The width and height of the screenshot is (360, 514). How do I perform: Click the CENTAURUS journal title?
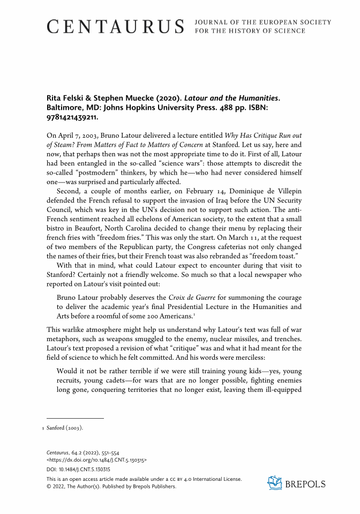[115, 26]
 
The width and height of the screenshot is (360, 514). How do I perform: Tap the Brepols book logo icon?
[275, 483]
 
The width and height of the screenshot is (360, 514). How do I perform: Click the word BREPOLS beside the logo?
[305, 484]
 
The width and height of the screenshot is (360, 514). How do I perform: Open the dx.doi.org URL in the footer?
[97, 459]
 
